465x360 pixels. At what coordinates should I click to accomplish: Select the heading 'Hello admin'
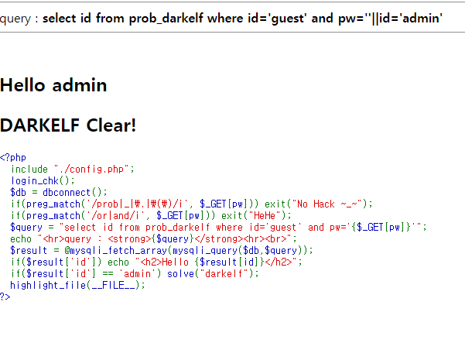53,85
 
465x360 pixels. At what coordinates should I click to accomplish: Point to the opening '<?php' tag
13,157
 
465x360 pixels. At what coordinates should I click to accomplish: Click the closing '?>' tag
5,296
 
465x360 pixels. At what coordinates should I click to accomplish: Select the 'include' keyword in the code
29,169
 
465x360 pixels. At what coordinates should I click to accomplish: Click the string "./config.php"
85,169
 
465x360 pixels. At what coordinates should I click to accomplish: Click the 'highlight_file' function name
46,285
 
